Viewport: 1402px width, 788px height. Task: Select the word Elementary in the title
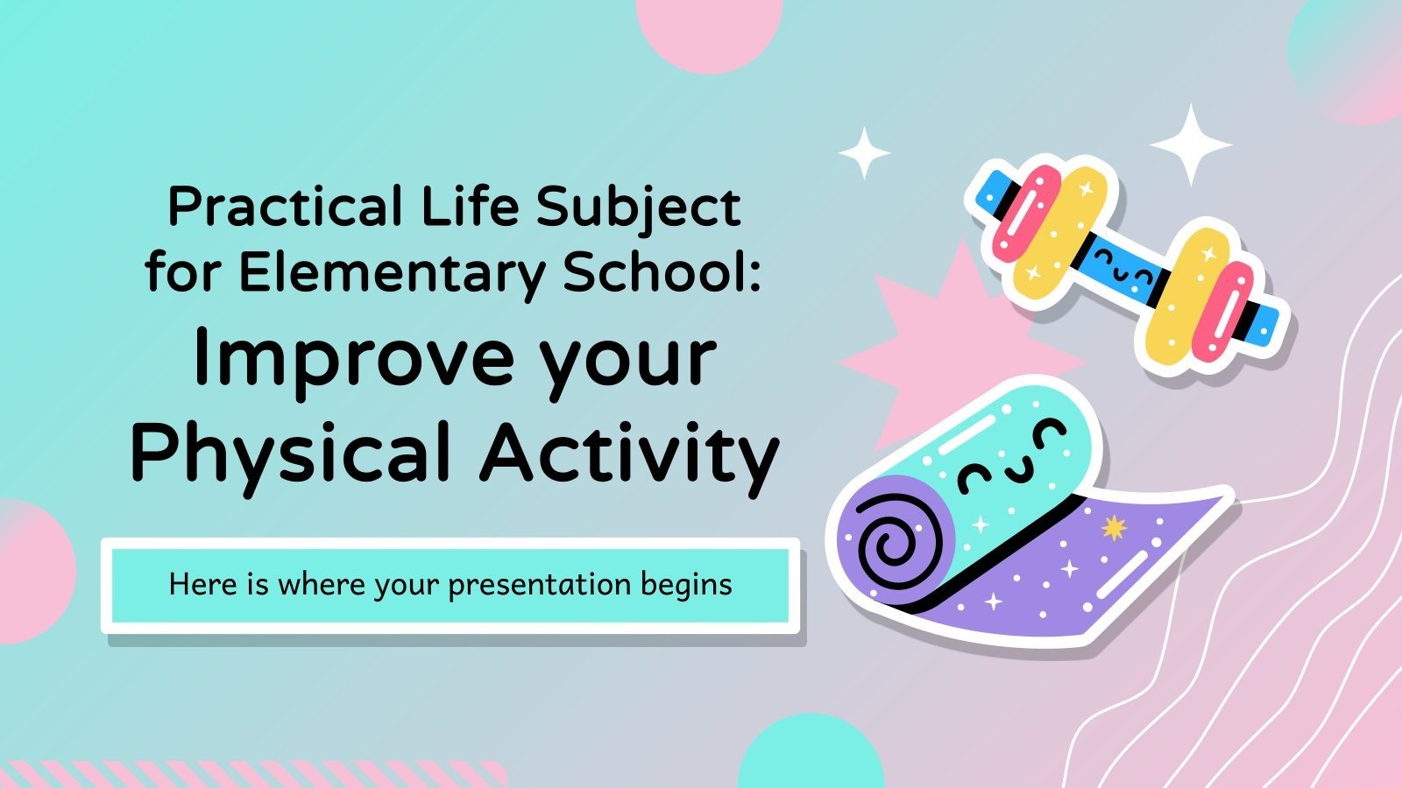392,273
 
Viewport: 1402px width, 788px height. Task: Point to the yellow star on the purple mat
1114,528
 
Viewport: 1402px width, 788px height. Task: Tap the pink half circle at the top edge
708,31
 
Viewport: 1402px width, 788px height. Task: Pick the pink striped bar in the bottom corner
254,774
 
